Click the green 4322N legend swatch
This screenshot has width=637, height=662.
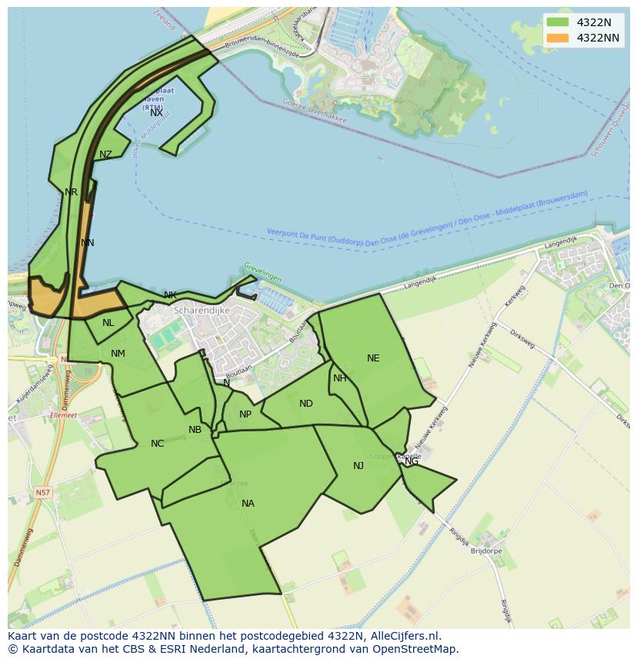click(558, 22)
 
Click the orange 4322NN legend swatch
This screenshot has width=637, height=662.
click(558, 38)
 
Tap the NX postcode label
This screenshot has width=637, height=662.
click(156, 113)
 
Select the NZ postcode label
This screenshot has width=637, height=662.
click(105, 155)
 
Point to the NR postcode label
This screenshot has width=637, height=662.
click(71, 192)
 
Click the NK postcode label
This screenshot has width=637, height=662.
click(170, 295)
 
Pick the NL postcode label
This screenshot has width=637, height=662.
click(108, 323)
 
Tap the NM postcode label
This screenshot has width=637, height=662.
click(118, 354)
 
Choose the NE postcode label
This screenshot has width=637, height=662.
click(373, 358)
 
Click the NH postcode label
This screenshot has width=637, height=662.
click(339, 378)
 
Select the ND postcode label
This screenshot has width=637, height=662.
click(306, 404)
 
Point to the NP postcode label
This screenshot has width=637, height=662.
click(245, 414)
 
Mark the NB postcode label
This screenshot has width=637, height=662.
click(195, 430)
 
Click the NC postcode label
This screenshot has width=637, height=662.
click(157, 444)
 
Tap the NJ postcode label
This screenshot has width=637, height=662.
click(359, 466)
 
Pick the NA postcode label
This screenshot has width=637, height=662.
click(248, 504)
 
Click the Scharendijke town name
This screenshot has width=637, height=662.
click(202, 311)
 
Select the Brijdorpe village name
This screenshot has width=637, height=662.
click(485, 551)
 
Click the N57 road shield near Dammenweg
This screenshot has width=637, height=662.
click(43, 492)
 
